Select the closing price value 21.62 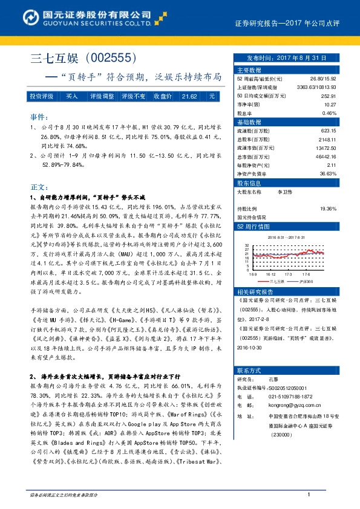pos(189,96)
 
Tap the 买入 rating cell pos(71,96)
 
